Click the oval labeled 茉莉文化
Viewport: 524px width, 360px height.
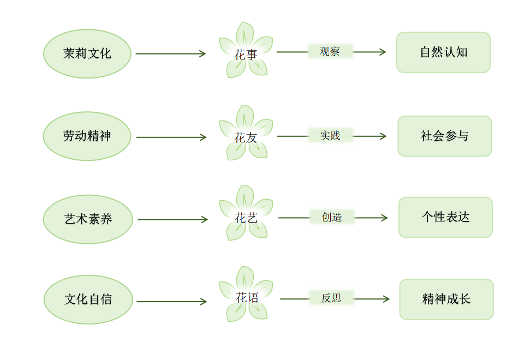click(x=87, y=53)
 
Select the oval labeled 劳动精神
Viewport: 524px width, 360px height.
click(x=87, y=136)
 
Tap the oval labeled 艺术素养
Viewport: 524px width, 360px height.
click(x=88, y=219)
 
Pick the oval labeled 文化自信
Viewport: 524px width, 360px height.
click(x=88, y=299)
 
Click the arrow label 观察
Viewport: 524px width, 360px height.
click(x=330, y=52)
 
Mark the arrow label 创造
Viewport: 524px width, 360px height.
click(x=332, y=217)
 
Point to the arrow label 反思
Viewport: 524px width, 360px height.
click(x=331, y=298)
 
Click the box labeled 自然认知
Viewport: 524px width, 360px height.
click(x=443, y=52)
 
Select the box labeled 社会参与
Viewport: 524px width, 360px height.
click(x=444, y=136)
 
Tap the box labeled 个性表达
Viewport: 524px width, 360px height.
click(x=445, y=217)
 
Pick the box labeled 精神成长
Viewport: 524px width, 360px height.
click(x=446, y=299)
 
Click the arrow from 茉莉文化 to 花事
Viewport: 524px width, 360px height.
click(x=170, y=53)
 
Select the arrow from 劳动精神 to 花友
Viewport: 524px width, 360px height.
click(x=171, y=137)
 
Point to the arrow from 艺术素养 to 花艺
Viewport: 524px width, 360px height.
click(x=172, y=220)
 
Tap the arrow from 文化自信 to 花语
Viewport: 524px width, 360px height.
click(x=171, y=301)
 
